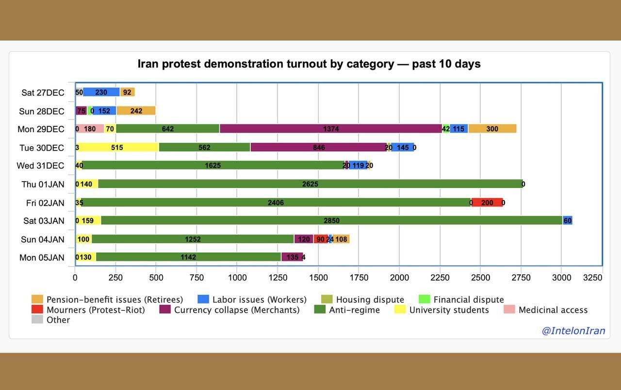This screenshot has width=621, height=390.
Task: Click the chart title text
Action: [x=309, y=64]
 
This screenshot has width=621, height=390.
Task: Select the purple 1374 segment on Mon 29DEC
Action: [x=331, y=129]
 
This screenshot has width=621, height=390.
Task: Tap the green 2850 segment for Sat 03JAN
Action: [x=331, y=220]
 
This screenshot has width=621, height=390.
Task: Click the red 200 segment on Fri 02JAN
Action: [x=487, y=203]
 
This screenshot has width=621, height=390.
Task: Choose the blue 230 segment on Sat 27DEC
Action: [x=101, y=92]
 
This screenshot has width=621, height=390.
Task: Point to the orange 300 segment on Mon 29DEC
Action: [x=492, y=129]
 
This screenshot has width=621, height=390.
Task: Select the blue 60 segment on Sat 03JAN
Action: [x=567, y=220]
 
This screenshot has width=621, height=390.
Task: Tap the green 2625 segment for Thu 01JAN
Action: [x=310, y=184]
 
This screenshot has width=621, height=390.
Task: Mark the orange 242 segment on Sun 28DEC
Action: [x=136, y=111]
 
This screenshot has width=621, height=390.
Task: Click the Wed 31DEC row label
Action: [x=40, y=166]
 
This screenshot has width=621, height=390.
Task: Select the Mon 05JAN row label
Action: [x=42, y=257]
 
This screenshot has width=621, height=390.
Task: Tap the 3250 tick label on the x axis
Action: [x=592, y=277]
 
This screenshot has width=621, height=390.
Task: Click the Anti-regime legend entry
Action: [x=347, y=310]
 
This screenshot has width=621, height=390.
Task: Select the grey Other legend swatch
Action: [x=37, y=320]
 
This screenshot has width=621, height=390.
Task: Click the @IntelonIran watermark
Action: [x=573, y=331]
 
